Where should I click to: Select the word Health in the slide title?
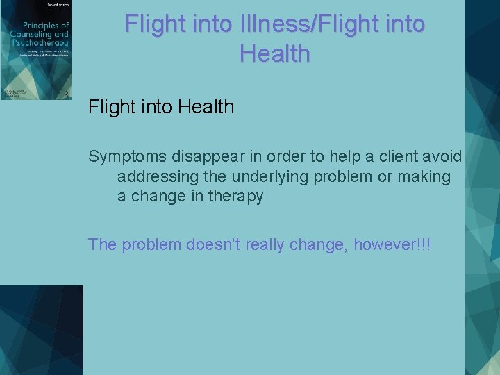point(275,53)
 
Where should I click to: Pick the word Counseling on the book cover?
point(28,35)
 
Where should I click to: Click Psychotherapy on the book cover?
point(34,43)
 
